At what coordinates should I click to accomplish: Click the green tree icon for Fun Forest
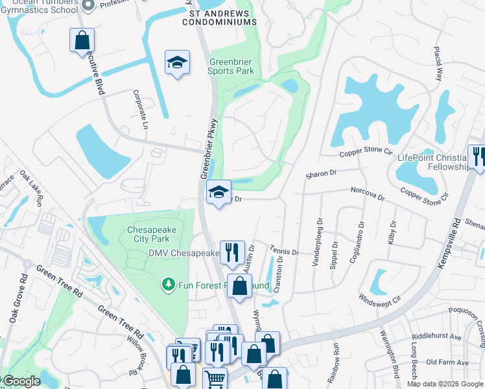click(168, 284)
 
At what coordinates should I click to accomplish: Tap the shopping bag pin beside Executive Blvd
click(82, 40)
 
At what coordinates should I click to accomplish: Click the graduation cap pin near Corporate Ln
click(177, 63)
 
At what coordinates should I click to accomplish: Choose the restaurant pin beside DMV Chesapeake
click(232, 252)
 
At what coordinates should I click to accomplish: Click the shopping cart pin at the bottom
click(215, 379)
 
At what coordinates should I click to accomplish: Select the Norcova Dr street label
click(368, 194)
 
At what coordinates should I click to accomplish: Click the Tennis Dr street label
click(285, 252)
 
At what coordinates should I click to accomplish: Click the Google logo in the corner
click(21, 381)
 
